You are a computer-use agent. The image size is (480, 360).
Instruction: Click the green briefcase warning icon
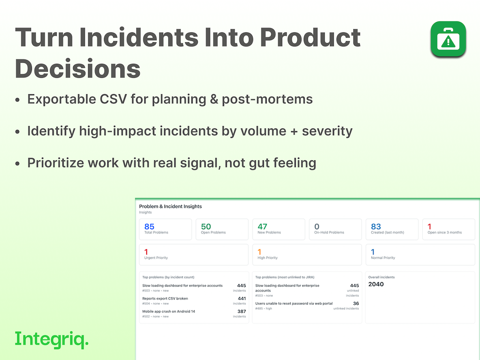pos(448,39)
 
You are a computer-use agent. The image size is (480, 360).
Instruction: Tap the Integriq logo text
pos(52,339)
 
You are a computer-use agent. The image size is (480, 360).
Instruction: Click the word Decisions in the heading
pos(77,68)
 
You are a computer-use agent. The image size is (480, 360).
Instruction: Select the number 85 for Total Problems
pos(149,226)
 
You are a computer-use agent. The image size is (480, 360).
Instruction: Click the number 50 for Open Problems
pos(206,226)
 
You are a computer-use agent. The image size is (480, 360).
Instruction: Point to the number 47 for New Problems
pos(262,226)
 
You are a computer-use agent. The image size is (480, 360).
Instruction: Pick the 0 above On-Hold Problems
pos(317,226)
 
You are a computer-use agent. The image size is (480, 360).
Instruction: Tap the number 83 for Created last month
pos(376,226)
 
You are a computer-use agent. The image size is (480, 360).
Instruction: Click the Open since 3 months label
pos(444,232)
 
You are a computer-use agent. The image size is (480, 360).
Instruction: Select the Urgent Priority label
pos(156,258)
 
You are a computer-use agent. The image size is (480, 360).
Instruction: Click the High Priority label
pos(268,258)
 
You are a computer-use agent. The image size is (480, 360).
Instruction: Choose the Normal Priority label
pos(383,258)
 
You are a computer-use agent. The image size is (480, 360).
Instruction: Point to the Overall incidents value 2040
pos(376,284)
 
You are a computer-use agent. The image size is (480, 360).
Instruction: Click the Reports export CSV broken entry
pos(165,299)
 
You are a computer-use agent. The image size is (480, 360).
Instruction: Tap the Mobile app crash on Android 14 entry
pos(169,311)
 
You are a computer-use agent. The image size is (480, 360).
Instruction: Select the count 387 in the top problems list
pos(241,311)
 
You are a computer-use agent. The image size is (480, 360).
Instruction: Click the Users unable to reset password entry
pos(294,303)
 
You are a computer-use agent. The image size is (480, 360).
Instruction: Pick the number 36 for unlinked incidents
pos(356,303)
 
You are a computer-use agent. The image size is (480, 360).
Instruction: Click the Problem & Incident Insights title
pos(171,206)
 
